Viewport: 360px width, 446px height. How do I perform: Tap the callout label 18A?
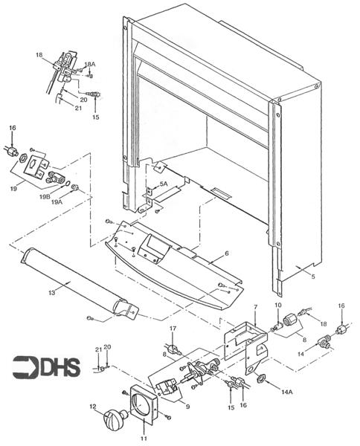90,65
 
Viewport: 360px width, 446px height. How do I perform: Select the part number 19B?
45,197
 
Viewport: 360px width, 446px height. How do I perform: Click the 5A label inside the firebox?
164,184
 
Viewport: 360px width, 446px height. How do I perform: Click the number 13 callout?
255,306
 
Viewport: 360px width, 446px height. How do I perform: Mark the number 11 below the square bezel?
142,430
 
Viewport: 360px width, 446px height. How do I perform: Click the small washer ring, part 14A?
262,380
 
